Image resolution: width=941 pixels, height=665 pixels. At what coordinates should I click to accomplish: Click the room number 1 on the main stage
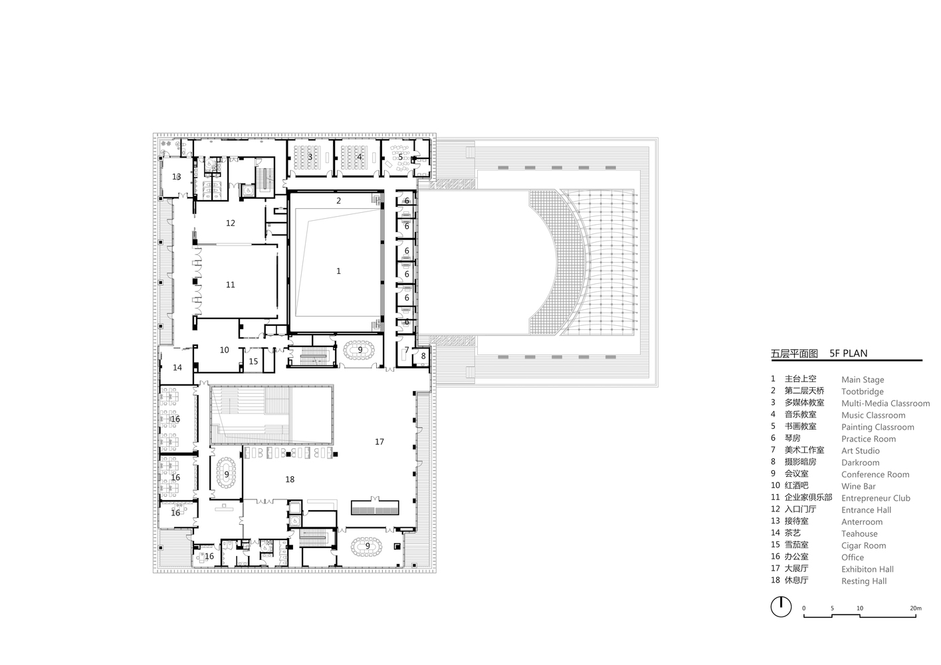[339, 271]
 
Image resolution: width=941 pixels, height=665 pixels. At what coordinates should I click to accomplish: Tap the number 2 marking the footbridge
[339, 201]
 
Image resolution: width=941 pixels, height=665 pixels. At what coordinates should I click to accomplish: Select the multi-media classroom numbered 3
[310, 157]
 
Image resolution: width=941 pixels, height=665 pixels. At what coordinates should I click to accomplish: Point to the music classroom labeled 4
[359, 157]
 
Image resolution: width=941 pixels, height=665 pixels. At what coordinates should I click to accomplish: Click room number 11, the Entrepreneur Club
[230, 285]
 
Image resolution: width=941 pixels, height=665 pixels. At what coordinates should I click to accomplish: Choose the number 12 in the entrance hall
[230, 223]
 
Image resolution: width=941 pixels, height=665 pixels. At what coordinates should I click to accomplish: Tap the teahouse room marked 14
[177, 367]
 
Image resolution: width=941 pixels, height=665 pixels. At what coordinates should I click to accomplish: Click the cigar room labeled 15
[253, 361]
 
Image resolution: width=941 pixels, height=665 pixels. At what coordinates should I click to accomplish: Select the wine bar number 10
[225, 350]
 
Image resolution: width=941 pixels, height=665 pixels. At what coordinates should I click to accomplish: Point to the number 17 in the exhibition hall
[379, 442]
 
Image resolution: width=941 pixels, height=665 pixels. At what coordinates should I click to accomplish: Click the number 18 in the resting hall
[290, 479]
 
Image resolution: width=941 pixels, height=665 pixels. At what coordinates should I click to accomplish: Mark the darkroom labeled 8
[423, 356]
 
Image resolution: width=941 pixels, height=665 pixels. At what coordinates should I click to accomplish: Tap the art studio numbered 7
[407, 350]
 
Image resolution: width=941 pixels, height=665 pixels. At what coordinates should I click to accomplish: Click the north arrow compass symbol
[781, 606]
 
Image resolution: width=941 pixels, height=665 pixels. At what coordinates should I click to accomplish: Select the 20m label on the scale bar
[916, 608]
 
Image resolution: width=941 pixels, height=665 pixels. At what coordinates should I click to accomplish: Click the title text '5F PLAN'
[848, 353]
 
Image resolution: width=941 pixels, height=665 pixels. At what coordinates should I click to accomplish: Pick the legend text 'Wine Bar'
[858, 486]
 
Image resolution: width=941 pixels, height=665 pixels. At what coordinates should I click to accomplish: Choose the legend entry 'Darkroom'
[861, 462]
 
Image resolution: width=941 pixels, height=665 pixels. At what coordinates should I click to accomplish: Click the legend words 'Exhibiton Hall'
[867, 569]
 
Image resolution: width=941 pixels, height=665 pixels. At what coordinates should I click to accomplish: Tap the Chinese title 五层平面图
[794, 354]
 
